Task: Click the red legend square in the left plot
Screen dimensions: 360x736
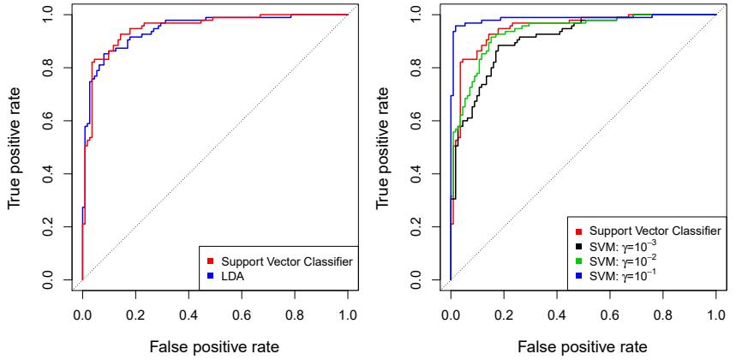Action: pyautogui.click(x=211, y=259)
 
